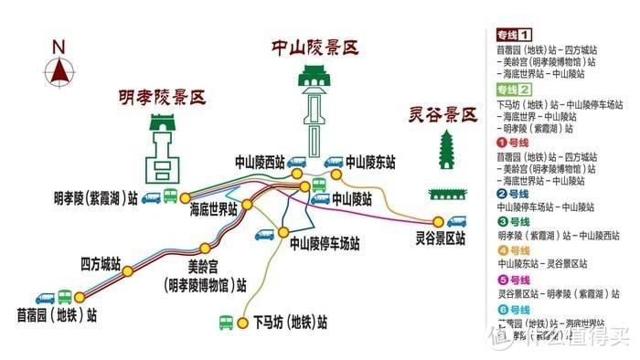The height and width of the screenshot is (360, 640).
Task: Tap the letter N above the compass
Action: (59, 47)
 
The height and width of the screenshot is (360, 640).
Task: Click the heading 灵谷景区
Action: (443, 115)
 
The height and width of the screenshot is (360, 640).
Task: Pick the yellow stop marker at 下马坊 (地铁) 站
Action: (243, 323)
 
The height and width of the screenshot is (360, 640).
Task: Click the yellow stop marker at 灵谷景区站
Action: (437, 221)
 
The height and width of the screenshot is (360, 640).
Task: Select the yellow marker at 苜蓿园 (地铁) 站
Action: (79, 297)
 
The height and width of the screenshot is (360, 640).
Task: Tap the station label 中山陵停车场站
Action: (324, 244)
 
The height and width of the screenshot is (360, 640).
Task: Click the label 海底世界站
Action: (213, 209)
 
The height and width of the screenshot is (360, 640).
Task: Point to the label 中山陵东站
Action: (370, 163)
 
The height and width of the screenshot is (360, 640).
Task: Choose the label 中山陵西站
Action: (260, 163)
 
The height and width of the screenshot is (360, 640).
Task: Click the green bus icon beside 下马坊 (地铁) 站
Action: (226, 323)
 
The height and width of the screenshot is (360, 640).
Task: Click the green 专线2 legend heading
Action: (514, 90)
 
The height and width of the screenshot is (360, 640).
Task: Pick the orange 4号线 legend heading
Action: (514, 250)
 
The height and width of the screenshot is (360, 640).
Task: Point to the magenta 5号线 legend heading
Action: (514, 281)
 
